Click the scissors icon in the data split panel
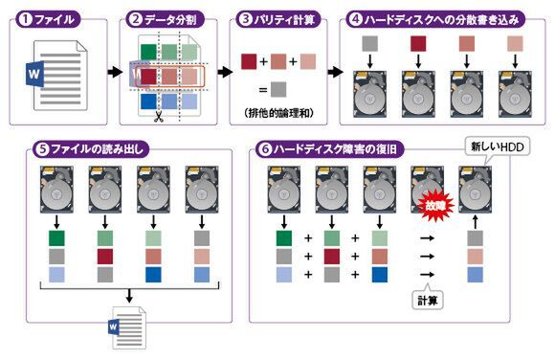tap(158, 117)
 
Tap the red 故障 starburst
tap(435, 206)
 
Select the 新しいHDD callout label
tap(497, 146)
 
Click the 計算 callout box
tap(428, 301)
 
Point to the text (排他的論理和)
tap(278, 113)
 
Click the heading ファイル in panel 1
tap(55, 19)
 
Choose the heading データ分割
tap(170, 19)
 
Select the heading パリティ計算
tap(284, 19)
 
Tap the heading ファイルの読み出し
tap(98, 148)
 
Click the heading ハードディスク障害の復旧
tap(335, 148)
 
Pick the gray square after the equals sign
tap(278, 90)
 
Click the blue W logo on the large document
tap(34, 74)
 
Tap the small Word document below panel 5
tap(127, 327)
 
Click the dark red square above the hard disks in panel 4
tap(418, 44)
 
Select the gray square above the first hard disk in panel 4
tap(370, 44)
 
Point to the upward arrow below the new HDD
tap(475, 221)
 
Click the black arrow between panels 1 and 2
tap(114, 72)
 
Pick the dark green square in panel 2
tap(148, 52)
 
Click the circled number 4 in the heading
tap(355, 19)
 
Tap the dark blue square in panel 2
tap(148, 101)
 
